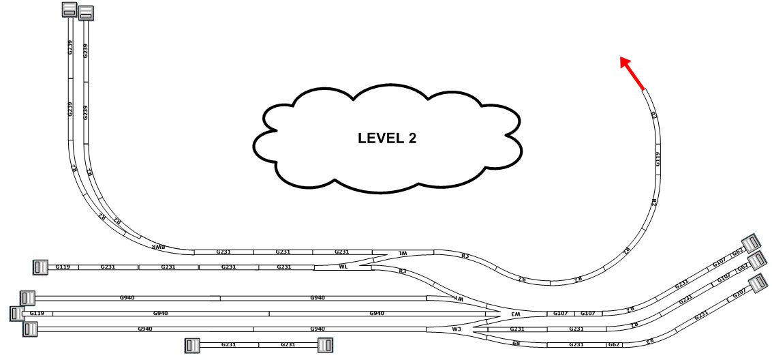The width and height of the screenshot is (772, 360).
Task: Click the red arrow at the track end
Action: click(x=632, y=73)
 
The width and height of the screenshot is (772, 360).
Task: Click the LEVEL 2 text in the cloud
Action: click(x=387, y=138)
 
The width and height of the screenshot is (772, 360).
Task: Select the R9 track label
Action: click(x=515, y=344)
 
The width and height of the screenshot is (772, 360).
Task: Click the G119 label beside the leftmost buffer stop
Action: click(x=37, y=313)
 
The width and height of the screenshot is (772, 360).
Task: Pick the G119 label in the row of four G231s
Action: click(x=63, y=267)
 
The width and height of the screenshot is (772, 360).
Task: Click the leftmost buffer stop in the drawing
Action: click(x=16, y=314)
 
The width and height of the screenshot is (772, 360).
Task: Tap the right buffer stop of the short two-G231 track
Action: click(x=325, y=345)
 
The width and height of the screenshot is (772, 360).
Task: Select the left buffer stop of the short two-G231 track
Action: click(x=192, y=345)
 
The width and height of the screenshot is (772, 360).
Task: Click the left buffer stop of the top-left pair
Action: click(x=70, y=9)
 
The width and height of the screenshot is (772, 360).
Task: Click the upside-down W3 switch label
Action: click(x=516, y=314)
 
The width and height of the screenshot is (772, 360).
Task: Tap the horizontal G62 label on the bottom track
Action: click(x=614, y=345)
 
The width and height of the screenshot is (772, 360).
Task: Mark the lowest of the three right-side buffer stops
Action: click(x=757, y=282)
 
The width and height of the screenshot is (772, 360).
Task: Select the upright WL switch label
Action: click(x=343, y=267)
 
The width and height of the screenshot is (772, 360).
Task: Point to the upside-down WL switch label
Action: click(x=403, y=252)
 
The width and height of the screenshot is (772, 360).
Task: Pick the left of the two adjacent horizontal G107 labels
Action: click(x=560, y=313)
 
